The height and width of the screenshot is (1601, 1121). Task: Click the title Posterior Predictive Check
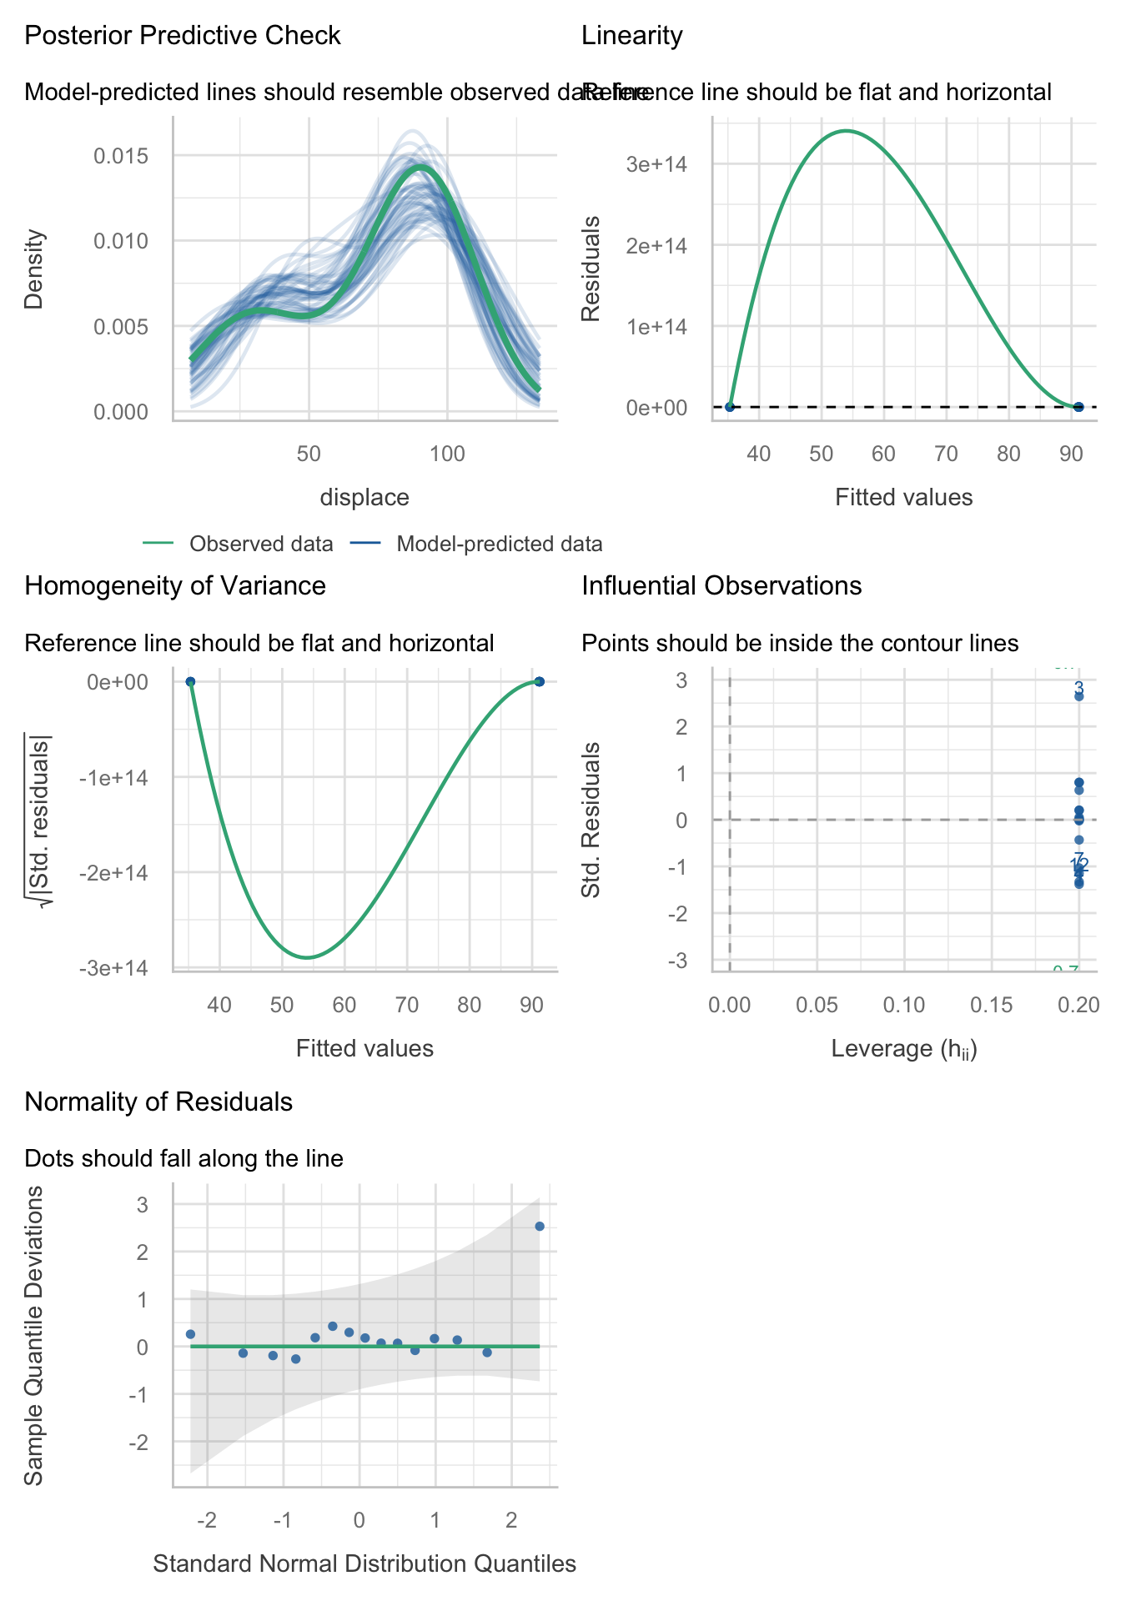click(183, 36)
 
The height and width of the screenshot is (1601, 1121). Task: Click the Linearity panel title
click(631, 36)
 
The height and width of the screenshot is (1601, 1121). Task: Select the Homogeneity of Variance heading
click(175, 585)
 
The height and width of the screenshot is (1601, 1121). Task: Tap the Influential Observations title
click(721, 585)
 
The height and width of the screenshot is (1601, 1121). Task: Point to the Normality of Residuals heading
click(158, 1102)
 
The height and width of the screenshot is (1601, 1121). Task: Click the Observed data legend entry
click(260, 545)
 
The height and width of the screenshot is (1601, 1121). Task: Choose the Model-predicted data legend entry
click(499, 545)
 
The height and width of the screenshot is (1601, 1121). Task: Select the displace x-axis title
click(364, 498)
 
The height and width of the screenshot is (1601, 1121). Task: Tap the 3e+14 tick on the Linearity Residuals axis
click(657, 164)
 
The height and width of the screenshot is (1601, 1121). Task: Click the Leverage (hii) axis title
click(904, 1049)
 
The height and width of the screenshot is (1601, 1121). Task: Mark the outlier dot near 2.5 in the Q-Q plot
click(540, 1226)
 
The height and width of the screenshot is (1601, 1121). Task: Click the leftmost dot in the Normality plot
click(190, 1334)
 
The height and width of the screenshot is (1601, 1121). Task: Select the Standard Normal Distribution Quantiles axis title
click(364, 1563)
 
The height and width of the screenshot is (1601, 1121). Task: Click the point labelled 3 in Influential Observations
click(1078, 696)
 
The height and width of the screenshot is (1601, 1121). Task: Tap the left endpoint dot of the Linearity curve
click(730, 407)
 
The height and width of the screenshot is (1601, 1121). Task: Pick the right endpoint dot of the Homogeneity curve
click(539, 681)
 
